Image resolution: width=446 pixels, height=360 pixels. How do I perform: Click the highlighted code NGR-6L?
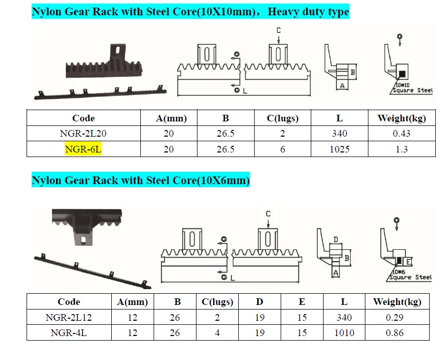coord(83,149)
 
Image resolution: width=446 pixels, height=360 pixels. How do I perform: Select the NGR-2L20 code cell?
coord(83,134)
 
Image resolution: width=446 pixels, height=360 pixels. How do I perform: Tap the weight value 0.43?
coord(401,134)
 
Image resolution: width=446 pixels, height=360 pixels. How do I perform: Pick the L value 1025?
coord(339,149)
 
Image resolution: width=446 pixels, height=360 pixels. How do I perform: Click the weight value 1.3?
coord(401,149)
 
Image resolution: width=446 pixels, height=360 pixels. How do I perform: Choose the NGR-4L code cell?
coord(69,333)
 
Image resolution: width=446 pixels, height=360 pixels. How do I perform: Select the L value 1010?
coord(344,333)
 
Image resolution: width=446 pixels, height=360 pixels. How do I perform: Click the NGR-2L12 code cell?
coord(69,317)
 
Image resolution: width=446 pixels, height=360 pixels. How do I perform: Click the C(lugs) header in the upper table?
coord(282,118)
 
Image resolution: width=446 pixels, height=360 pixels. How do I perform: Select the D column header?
coord(260,301)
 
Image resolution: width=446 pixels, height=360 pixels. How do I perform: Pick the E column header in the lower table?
coord(302,301)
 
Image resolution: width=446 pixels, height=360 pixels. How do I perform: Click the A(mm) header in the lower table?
coord(133,301)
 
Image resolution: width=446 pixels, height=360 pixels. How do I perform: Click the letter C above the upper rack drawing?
coord(279,31)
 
